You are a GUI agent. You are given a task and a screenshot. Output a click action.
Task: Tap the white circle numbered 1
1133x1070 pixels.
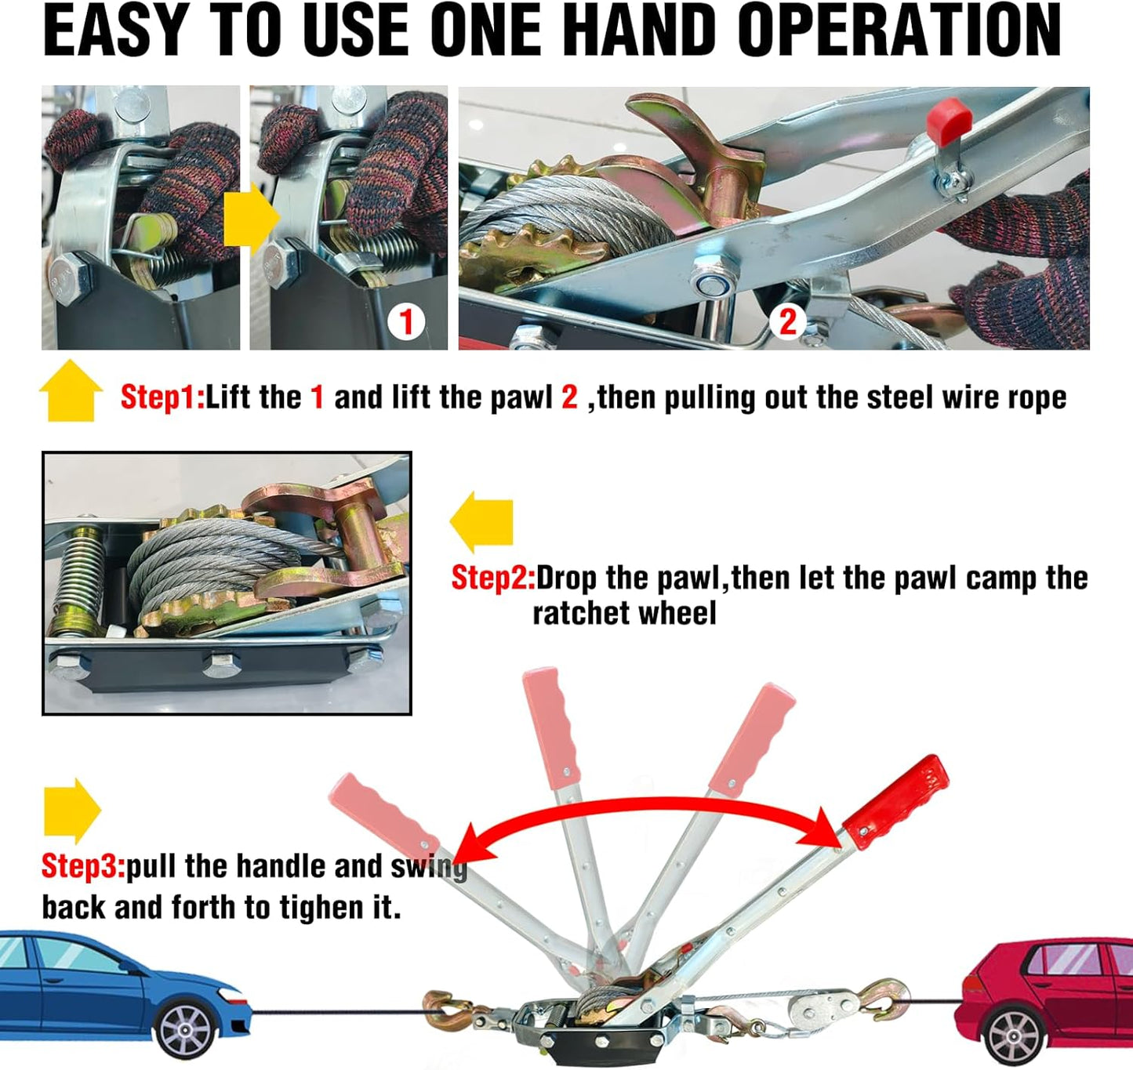pyautogui.click(x=405, y=322)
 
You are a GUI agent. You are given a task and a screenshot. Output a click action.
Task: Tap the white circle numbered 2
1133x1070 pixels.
pyautogui.click(x=788, y=321)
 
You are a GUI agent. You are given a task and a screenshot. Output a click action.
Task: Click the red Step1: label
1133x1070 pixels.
pyautogui.click(x=162, y=397)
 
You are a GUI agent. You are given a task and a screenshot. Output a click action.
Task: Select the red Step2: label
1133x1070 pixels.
pyautogui.click(x=493, y=579)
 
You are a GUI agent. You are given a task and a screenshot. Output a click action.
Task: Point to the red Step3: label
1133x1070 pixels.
pyautogui.click(x=84, y=866)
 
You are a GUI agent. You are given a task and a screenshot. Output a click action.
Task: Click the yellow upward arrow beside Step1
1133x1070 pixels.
pyautogui.click(x=71, y=390)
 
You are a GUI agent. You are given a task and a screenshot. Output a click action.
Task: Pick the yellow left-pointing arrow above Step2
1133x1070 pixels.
pyautogui.click(x=481, y=522)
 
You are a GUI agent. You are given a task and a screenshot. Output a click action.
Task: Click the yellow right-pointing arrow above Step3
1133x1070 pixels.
pyautogui.click(x=72, y=811)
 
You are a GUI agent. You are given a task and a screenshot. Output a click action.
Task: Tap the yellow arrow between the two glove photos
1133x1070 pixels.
pyautogui.click(x=251, y=219)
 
